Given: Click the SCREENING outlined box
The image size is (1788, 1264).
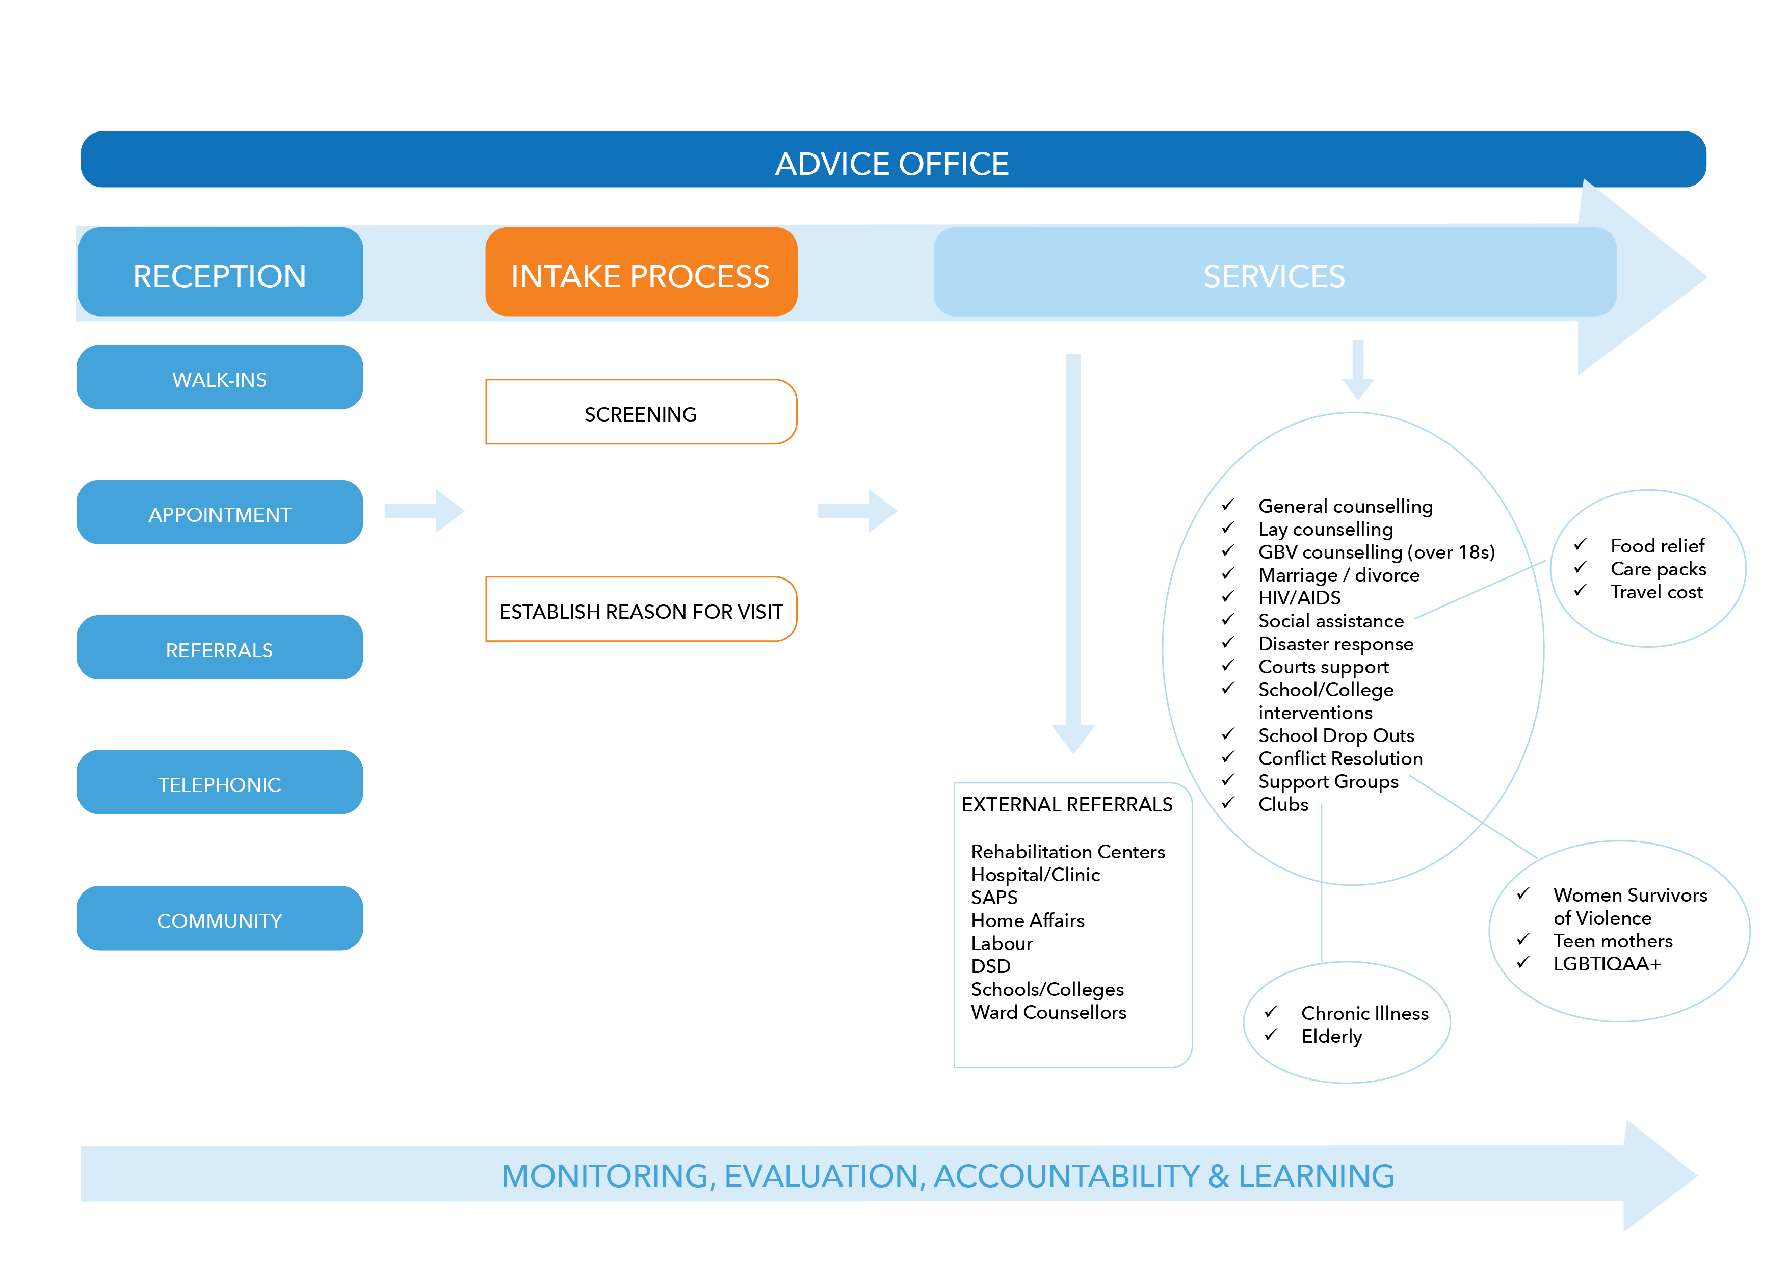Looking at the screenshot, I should click(640, 413).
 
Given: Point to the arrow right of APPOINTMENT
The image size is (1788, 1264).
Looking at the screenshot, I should click(425, 511).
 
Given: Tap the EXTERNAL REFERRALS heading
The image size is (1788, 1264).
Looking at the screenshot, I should click(1066, 804).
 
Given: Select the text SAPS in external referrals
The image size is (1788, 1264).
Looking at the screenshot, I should click(994, 897).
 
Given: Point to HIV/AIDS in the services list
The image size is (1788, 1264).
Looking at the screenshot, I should click(1299, 597).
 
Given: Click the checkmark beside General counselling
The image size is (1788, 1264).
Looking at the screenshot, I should click(1228, 505).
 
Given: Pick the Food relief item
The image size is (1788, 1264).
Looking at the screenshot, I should click(1656, 545).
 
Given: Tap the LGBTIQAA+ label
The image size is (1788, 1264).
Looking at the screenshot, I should click(1607, 963).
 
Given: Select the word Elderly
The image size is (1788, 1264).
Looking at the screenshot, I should click(1331, 1036).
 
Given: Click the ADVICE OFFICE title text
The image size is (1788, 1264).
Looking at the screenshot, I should click(891, 164).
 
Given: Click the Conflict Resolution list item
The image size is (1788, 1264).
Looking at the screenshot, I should click(1339, 758).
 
